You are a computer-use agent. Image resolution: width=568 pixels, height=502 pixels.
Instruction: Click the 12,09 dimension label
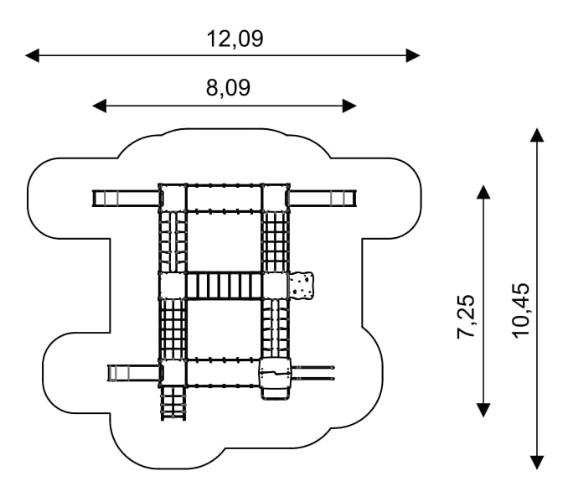tap(235, 39)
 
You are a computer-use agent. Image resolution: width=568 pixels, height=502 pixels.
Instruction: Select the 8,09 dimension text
tap(228, 88)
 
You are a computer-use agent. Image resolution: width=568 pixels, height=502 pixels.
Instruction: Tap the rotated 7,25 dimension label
tap(466, 317)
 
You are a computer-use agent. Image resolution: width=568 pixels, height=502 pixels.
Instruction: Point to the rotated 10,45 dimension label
tap(520, 311)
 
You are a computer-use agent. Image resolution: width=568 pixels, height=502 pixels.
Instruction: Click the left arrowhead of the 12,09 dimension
tap(32, 55)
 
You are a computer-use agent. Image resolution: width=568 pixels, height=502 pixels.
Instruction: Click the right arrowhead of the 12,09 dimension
tap(413, 55)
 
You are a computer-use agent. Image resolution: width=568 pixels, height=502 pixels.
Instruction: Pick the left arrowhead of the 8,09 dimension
tap(99, 106)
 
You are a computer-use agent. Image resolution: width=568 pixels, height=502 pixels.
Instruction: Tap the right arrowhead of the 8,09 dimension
tap(349, 106)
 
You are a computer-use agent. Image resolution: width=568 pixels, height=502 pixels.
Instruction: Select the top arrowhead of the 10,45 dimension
tap(537, 135)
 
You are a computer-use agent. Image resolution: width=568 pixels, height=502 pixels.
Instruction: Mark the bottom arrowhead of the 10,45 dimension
tap(537, 463)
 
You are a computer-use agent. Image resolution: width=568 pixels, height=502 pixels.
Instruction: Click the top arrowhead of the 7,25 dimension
tap(483, 192)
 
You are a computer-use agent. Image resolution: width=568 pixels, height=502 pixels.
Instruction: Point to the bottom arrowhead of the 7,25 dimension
tap(483, 410)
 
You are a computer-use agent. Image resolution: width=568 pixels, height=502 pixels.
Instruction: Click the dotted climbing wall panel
tap(302, 286)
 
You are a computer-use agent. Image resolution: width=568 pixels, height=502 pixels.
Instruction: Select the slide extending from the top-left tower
tap(126, 199)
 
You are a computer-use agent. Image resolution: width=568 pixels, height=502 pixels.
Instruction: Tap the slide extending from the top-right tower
tap(323, 199)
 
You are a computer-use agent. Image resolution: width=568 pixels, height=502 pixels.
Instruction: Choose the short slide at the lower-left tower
tap(134, 373)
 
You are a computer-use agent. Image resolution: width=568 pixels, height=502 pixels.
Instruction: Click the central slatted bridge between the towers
tap(224, 286)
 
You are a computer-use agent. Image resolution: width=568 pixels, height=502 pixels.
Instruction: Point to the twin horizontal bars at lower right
tap(312, 373)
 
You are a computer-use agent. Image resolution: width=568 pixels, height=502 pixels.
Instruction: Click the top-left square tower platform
tap(173, 198)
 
